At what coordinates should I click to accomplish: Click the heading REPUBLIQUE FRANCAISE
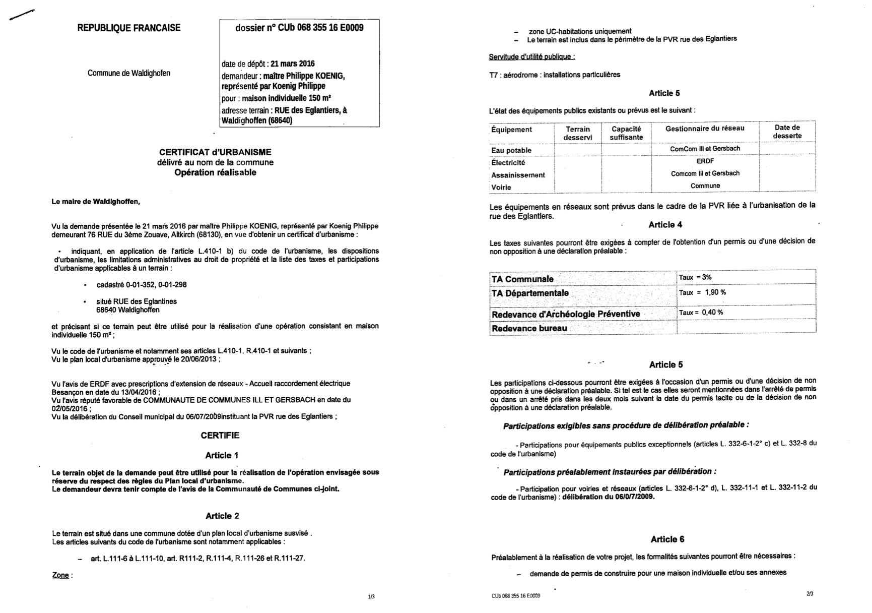(128, 28)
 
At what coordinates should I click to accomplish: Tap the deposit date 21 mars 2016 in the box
(292, 64)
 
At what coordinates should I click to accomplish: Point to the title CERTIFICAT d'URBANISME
(215, 152)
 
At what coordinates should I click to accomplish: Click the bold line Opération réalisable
(215, 173)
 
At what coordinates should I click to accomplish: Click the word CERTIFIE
(220, 436)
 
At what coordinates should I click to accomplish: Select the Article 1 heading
(222, 456)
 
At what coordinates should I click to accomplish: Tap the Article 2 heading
(222, 516)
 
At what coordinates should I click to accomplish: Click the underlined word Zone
(60, 575)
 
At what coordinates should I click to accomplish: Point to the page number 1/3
(371, 597)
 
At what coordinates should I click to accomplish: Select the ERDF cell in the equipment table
(705, 161)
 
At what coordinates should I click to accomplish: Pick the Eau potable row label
(511, 150)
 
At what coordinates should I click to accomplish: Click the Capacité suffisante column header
(626, 133)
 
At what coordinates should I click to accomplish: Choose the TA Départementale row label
(530, 293)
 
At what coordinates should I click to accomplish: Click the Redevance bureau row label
(529, 329)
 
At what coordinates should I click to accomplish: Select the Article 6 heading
(667, 539)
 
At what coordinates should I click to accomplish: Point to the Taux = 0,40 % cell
(701, 313)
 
